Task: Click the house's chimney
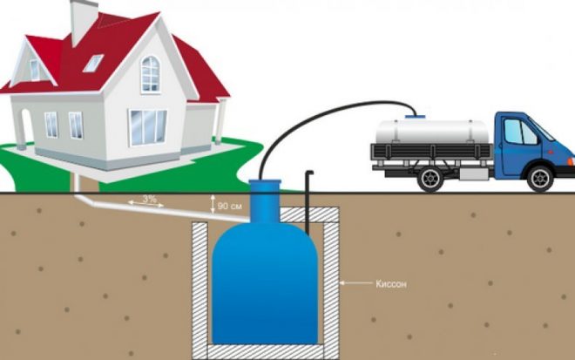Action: coord(84,21)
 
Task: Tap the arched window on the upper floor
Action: coord(151,74)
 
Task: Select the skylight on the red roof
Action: coord(93,63)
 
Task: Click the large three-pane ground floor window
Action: coord(147,127)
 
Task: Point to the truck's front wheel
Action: coord(539,179)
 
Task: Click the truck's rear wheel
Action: coord(430,179)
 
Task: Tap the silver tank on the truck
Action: coord(432,132)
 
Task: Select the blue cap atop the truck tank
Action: coord(415,116)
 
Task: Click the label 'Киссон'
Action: coord(391,283)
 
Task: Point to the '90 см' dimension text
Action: coord(229,207)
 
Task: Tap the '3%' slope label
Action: coord(149,199)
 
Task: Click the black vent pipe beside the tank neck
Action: coord(308,203)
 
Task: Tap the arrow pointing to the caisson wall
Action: coord(355,283)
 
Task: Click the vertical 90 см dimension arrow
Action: coord(213,204)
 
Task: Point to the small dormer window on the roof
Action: coord(35,70)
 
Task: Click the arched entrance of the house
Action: coord(27,124)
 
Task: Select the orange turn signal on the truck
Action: coord(571,161)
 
